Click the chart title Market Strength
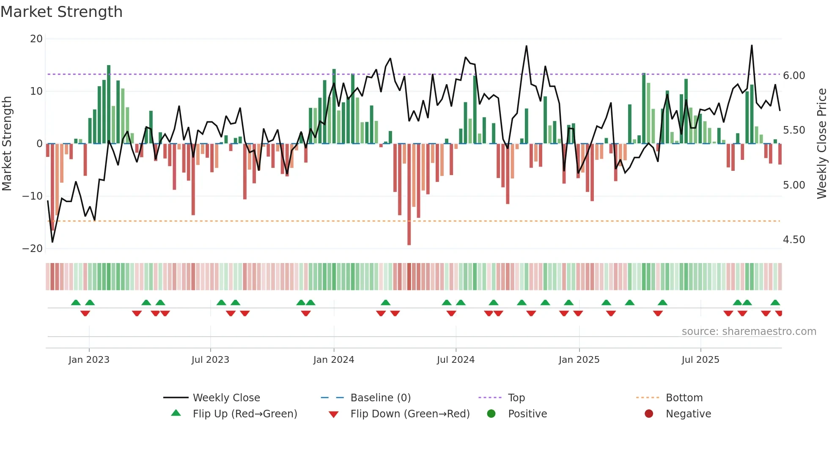tap(61, 12)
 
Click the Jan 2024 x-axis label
tap(333, 360)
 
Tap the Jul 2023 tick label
tap(210, 360)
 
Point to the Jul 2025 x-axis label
tap(700, 360)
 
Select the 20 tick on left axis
tap(36, 39)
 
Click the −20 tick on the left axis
tap(33, 249)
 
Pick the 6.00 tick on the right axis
tap(794, 76)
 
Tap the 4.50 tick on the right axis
tap(794, 240)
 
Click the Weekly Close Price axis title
tap(821, 143)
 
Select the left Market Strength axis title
tap(7, 143)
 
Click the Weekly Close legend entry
tap(226, 398)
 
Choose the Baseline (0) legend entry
tap(380, 398)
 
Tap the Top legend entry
tap(516, 398)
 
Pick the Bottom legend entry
tap(684, 398)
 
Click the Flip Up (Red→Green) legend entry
tap(244, 414)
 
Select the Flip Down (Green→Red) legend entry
tap(409, 414)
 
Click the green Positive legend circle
tap(491, 414)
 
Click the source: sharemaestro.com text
tap(749, 332)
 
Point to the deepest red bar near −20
tap(409, 195)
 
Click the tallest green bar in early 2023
tap(109, 104)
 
